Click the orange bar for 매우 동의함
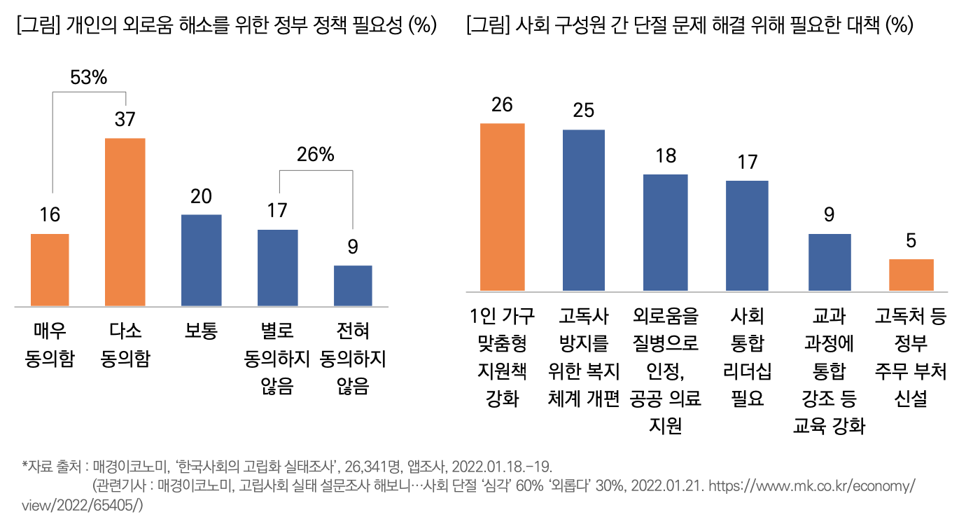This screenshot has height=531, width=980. click(x=50, y=270)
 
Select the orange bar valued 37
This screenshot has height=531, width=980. click(x=125, y=222)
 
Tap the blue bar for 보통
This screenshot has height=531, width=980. click(x=202, y=260)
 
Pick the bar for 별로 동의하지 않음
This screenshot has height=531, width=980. click(x=277, y=268)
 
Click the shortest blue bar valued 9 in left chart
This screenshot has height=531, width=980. click(x=353, y=285)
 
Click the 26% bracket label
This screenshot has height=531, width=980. click(x=316, y=155)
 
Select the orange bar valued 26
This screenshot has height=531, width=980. click(x=502, y=207)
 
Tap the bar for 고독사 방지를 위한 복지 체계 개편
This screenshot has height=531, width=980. click(x=584, y=210)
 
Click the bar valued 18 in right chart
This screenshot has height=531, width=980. click(x=666, y=233)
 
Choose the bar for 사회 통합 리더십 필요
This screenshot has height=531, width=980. click(x=747, y=235)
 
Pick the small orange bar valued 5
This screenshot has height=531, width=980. click(x=911, y=275)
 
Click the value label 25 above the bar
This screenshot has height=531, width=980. click(x=584, y=110)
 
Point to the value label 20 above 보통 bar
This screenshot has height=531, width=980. click(x=202, y=196)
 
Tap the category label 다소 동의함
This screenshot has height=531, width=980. click(x=125, y=345)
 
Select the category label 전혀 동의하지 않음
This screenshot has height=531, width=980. click(x=353, y=358)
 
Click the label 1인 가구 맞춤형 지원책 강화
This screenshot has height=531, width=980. click(x=502, y=358)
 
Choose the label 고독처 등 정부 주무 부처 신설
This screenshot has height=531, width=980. click(x=911, y=358)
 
